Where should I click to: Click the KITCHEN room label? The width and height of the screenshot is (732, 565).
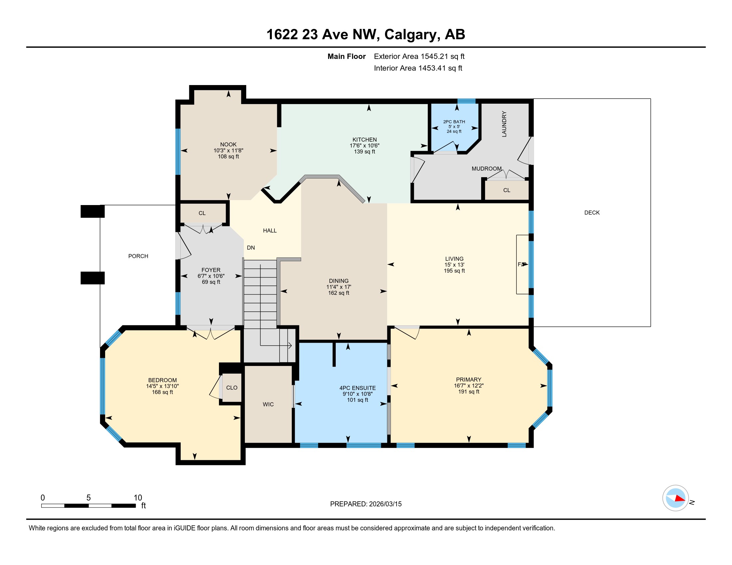364,140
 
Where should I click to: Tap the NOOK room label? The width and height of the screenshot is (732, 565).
228,145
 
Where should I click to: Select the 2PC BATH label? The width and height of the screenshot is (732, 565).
454,122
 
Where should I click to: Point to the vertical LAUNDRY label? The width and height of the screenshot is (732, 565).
504,124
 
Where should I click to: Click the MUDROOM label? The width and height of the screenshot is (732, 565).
487,169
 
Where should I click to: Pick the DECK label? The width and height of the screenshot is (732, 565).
592,213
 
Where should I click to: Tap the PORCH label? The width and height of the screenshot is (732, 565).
138,256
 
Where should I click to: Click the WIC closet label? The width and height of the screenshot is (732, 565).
268,404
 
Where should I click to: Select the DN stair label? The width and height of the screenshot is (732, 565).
251,248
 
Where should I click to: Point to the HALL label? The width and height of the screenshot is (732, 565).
270,231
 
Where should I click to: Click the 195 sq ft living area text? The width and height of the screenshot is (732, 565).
454,271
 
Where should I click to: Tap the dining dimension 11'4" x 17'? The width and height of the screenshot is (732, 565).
338,287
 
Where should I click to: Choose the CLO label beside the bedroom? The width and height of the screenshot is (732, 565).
232,388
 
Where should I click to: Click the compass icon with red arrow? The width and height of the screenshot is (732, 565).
675,498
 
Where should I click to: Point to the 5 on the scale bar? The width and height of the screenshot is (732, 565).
89,498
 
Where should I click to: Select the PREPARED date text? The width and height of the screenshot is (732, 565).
366,504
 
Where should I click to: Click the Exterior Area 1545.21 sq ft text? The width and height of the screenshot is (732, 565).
419,56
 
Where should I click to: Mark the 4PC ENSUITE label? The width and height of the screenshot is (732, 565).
357,388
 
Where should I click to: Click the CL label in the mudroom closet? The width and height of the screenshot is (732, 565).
506,190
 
